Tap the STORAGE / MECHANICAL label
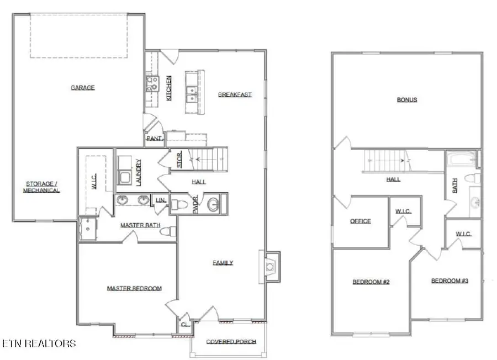coord(41,187)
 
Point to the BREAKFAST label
coord(235,94)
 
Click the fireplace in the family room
coord(269,267)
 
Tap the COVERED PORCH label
coord(231,342)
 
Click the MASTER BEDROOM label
coord(134,288)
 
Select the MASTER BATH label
coord(140,225)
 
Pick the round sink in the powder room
coord(213,205)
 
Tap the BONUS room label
coord(407,100)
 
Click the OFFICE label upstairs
coord(361,221)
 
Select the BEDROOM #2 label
coord(371,282)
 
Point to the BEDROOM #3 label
coord(450,281)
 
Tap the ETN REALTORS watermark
coord(39,343)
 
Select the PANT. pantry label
coord(154,139)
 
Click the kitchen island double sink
coord(192,94)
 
